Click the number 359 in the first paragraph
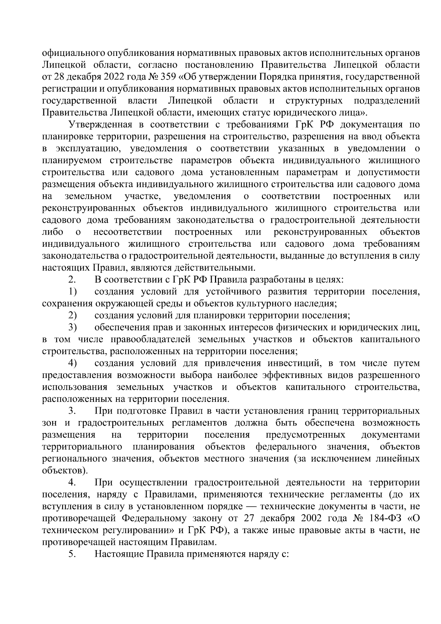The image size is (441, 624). [x=132, y=77]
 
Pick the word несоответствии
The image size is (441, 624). [x=128, y=232]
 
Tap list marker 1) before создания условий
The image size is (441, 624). [x=72, y=292]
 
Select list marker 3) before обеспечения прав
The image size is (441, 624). [x=72, y=328]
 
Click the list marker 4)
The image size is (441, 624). [x=72, y=363]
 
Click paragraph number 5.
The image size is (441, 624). [x=72, y=554]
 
